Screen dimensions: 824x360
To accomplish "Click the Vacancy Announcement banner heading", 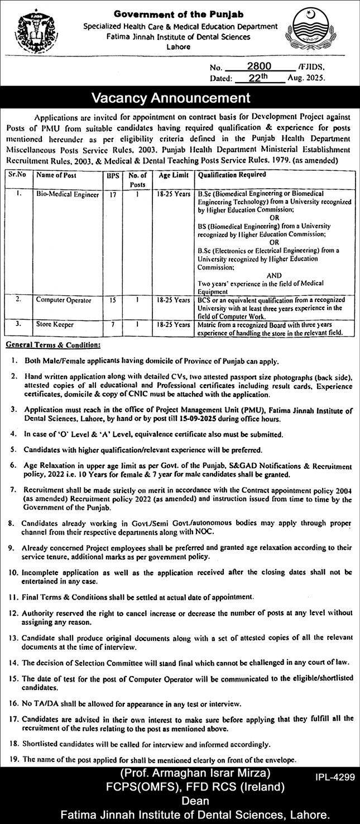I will [x=180, y=98].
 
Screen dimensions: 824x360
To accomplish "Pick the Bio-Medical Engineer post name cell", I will [x=67, y=195].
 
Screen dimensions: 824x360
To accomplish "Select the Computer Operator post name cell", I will [x=64, y=300].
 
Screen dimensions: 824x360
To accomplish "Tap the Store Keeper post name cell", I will [x=55, y=324].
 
